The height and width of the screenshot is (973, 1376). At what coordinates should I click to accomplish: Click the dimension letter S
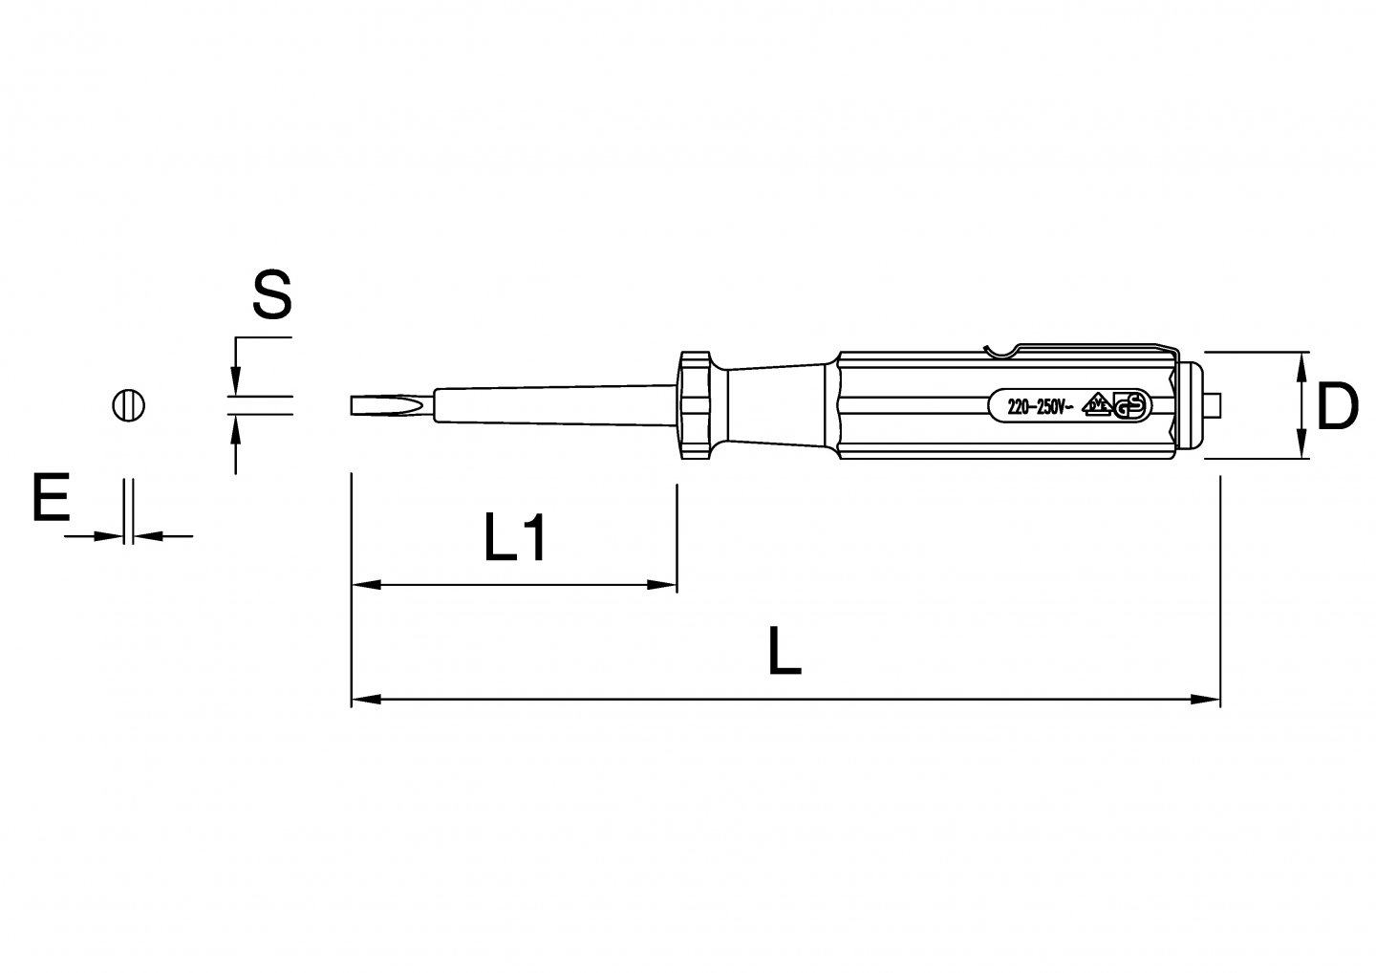click(x=272, y=294)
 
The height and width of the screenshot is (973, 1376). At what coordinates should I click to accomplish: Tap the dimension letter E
click(x=51, y=498)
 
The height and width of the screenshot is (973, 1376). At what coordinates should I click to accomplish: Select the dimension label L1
click(x=515, y=538)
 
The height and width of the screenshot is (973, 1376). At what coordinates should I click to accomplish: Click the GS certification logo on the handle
click(x=1131, y=406)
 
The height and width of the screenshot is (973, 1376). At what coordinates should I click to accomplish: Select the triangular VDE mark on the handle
click(x=1097, y=404)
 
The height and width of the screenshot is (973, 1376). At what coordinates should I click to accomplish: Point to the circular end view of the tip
click(x=128, y=405)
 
